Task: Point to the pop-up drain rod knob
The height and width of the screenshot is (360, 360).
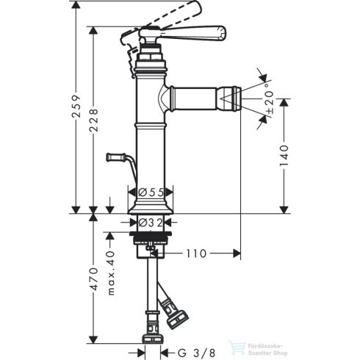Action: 112,156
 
